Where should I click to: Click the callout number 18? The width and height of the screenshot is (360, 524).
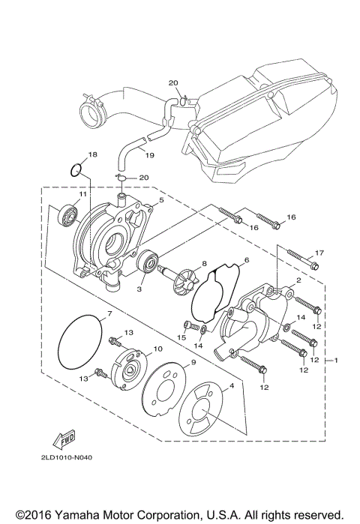pos(92,154)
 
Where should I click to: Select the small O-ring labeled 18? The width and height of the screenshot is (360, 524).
pos(73,170)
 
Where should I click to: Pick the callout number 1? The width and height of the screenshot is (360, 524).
pos(337,361)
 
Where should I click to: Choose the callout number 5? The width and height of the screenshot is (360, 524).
pos(160,202)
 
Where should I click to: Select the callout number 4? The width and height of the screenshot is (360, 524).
pos(232,385)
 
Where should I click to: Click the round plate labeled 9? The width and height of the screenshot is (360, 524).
pos(167,383)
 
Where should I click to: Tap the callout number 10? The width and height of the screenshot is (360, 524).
pos(157,349)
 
